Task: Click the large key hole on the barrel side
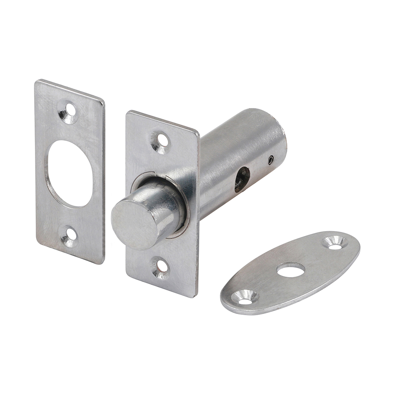[x=242, y=179]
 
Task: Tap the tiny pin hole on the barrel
[x=270, y=160]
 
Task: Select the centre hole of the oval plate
[x=290, y=270]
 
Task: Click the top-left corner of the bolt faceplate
[x=128, y=112]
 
